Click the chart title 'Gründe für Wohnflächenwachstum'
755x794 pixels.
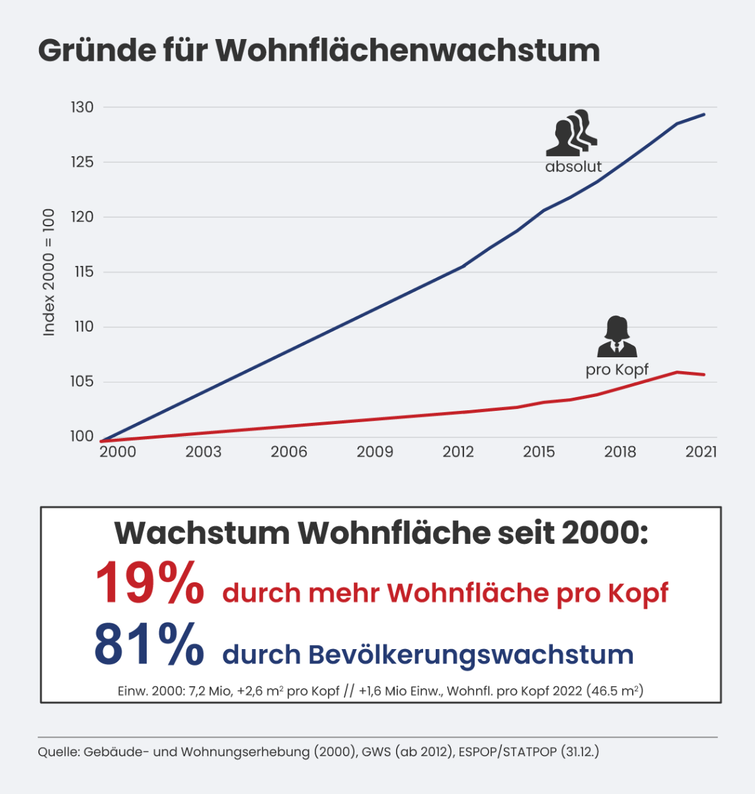[x=319, y=50]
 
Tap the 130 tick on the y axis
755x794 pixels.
[x=83, y=107]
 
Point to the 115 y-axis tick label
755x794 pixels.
[x=83, y=272]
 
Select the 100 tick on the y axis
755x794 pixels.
[x=83, y=436]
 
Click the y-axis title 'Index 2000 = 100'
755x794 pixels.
[x=49, y=272]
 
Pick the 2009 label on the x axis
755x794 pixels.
[x=375, y=452]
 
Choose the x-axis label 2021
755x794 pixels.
[x=701, y=452]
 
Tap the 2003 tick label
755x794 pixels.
[x=203, y=452]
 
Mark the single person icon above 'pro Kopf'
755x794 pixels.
[x=617, y=337]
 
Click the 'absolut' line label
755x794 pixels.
[x=573, y=167]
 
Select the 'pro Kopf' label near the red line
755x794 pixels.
[x=617, y=369]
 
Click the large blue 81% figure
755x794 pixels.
[x=149, y=644]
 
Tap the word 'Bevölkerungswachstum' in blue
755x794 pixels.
[x=471, y=654]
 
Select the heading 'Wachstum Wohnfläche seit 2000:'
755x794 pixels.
[x=381, y=533]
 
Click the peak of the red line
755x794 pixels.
[x=678, y=372]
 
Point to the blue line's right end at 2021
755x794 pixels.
[x=704, y=114]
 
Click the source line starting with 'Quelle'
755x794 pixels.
[x=318, y=752]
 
